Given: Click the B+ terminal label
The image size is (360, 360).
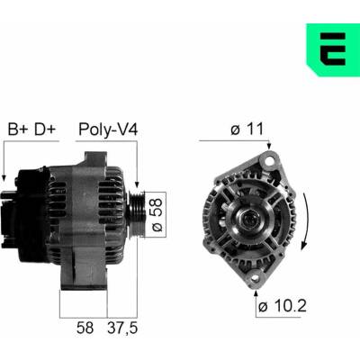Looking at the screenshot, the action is point(18,130).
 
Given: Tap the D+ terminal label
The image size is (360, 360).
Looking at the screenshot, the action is point(45,130).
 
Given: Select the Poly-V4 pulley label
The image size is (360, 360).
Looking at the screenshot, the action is point(108,130).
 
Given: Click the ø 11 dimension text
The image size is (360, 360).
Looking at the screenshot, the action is point(247,129).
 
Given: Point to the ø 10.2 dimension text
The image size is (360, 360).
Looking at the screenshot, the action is point(283,306).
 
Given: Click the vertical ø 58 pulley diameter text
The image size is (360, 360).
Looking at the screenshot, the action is point(157,214).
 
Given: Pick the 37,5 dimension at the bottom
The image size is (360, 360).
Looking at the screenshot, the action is point(122,328).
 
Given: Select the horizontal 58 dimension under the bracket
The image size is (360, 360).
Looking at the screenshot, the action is point(85,328).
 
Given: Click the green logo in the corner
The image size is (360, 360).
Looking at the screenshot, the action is point(332,49).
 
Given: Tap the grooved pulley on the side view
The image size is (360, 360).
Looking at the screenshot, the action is point(137,214).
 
